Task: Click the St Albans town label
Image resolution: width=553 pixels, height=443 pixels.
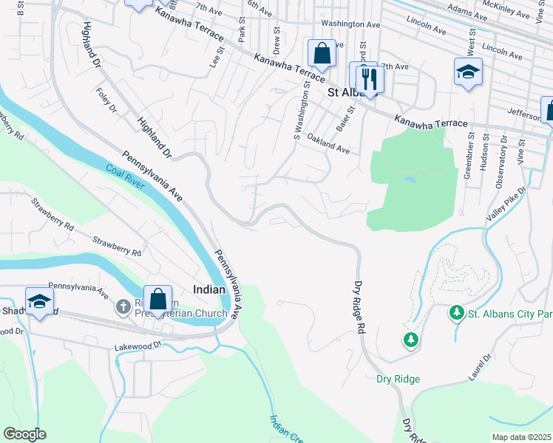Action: [352, 93]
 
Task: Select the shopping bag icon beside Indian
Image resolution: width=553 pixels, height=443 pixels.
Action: [157, 299]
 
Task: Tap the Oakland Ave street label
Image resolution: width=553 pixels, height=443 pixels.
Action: [328, 143]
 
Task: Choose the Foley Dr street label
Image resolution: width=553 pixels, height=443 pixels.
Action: [107, 100]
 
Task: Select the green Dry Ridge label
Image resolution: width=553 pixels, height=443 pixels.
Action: [398, 379]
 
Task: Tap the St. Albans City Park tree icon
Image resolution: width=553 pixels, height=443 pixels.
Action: [457, 313]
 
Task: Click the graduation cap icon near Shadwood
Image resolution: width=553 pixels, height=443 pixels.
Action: [39, 301]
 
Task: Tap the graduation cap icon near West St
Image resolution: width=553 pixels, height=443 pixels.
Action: [468, 72]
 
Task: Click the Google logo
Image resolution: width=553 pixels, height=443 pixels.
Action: [24, 433]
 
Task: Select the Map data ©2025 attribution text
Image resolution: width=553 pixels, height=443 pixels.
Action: [521, 437]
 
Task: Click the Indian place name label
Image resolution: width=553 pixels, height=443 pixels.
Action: [208, 290]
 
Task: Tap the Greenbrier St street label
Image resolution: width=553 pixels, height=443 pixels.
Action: [467, 156]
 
